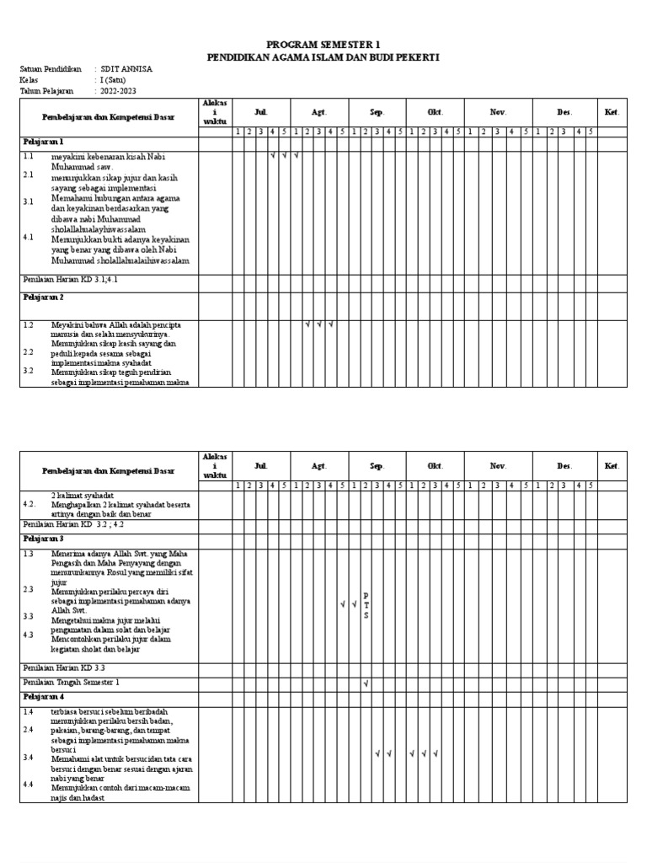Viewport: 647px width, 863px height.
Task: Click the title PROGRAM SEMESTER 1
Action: (323, 44)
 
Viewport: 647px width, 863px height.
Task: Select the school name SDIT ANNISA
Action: (127, 69)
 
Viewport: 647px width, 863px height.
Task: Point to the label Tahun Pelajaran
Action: (46, 91)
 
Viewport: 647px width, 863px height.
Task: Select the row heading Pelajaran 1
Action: (44, 142)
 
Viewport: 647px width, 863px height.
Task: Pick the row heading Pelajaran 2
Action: (44, 297)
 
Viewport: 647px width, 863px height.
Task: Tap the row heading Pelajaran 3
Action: (44, 538)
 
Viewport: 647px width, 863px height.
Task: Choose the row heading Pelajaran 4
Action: (44, 697)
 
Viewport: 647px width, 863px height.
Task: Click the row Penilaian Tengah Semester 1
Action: (72, 682)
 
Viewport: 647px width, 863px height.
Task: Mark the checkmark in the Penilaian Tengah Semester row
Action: (366, 683)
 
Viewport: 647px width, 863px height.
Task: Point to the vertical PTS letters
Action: (366, 605)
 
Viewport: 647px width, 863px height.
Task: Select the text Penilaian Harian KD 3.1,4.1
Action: (70, 279)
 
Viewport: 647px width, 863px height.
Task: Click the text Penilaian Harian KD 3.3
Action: (64, 667)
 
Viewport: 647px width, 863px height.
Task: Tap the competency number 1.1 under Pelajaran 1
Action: (29, 157)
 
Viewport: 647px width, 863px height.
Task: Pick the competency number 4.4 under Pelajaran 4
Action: (29, 785)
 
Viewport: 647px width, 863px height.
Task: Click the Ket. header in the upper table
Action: (612, 112)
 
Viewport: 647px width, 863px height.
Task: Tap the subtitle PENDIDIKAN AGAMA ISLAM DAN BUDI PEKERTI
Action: (323, 56)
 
